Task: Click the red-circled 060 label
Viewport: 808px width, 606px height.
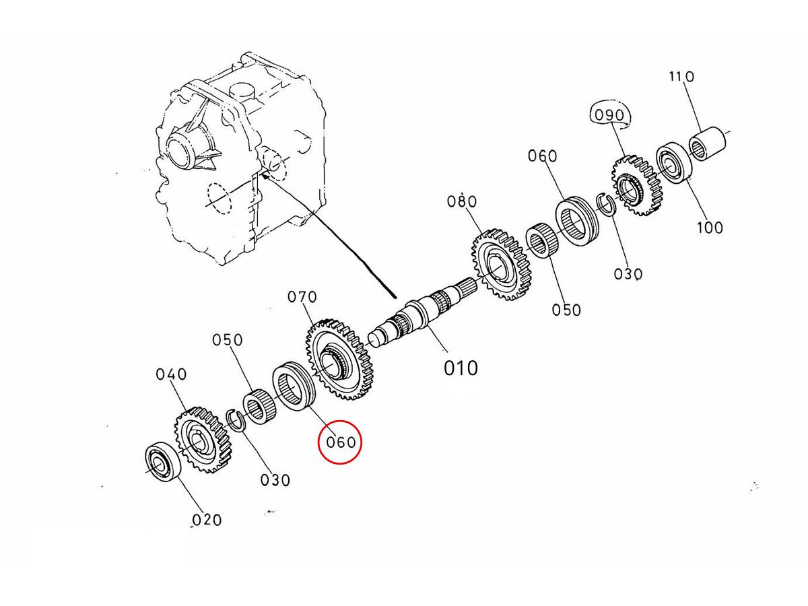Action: [x=340, y=442]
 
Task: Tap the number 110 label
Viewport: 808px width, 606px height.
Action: [x=681, y=77]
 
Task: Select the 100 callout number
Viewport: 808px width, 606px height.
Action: [x=709, y=227]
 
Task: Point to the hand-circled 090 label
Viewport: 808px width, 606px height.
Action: [x=609, y=115]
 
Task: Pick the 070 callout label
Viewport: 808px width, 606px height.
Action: [x=302, y=296]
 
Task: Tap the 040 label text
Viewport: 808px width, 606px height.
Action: [x=171, y=374]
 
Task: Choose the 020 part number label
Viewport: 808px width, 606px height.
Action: [x=206, y=519]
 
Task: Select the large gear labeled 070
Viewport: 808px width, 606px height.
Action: [x=339, y=360]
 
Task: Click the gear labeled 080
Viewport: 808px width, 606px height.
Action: [x=499, y=265]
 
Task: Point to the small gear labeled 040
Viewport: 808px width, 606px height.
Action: [x=201, y=440]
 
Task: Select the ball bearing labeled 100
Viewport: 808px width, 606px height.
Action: [x=673, y=162]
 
